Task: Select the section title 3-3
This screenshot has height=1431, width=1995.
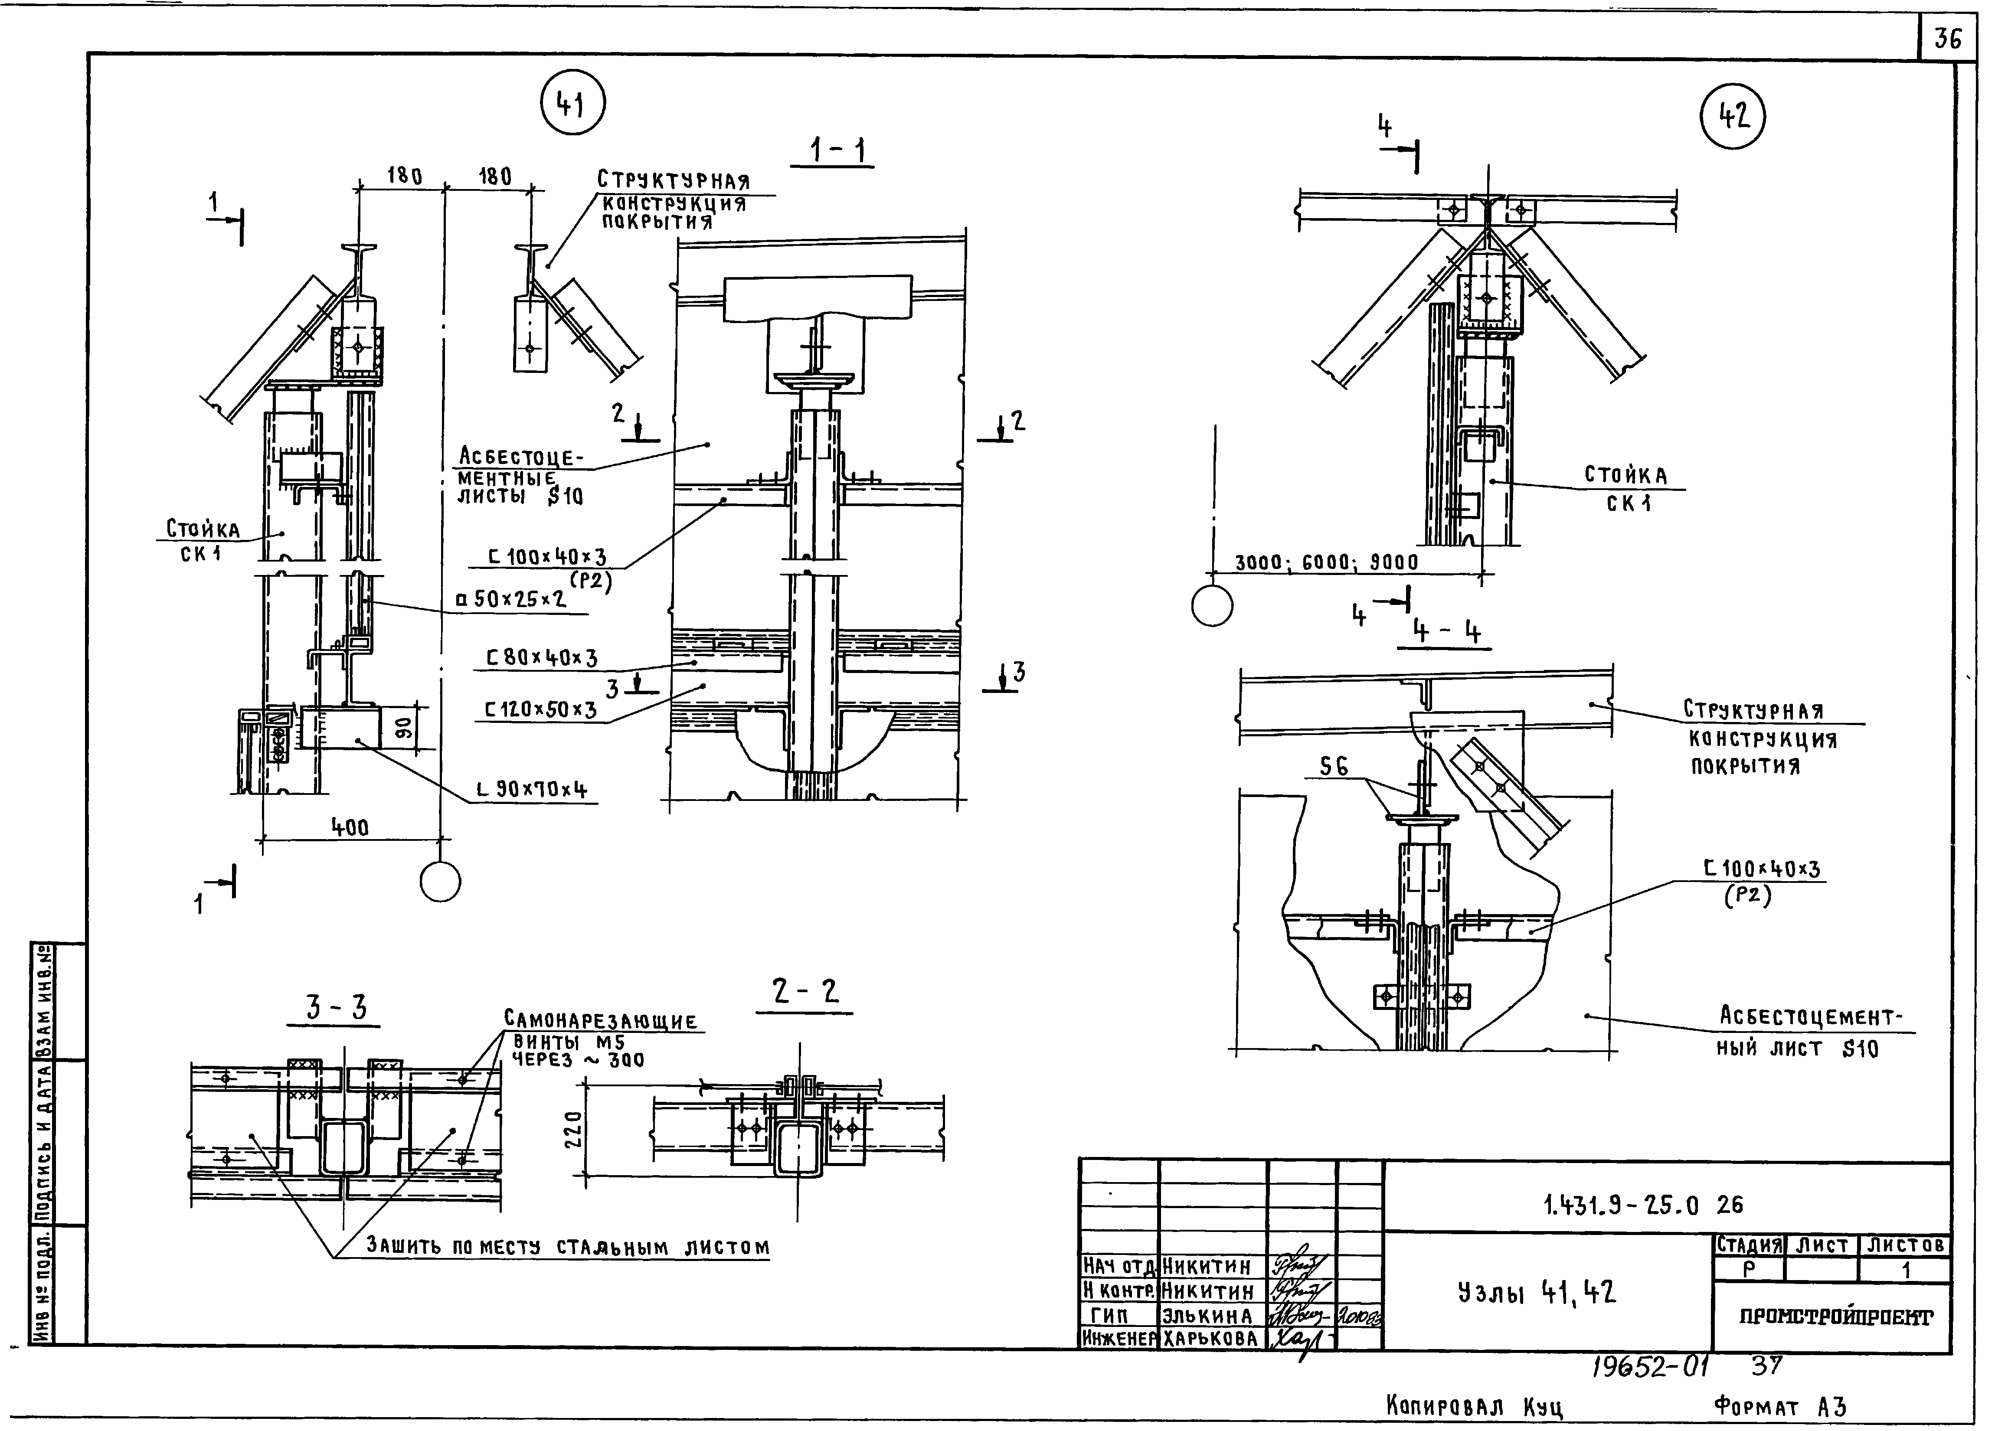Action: tap(335, 1007)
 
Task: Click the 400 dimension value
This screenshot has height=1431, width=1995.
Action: tap(350, 828)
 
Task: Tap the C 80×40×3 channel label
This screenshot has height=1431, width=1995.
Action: tap(542, 658)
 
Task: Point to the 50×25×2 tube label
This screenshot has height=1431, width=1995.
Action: tap(510, 599)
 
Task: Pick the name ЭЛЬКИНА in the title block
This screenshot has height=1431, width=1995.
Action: tap(1207, 1316)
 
